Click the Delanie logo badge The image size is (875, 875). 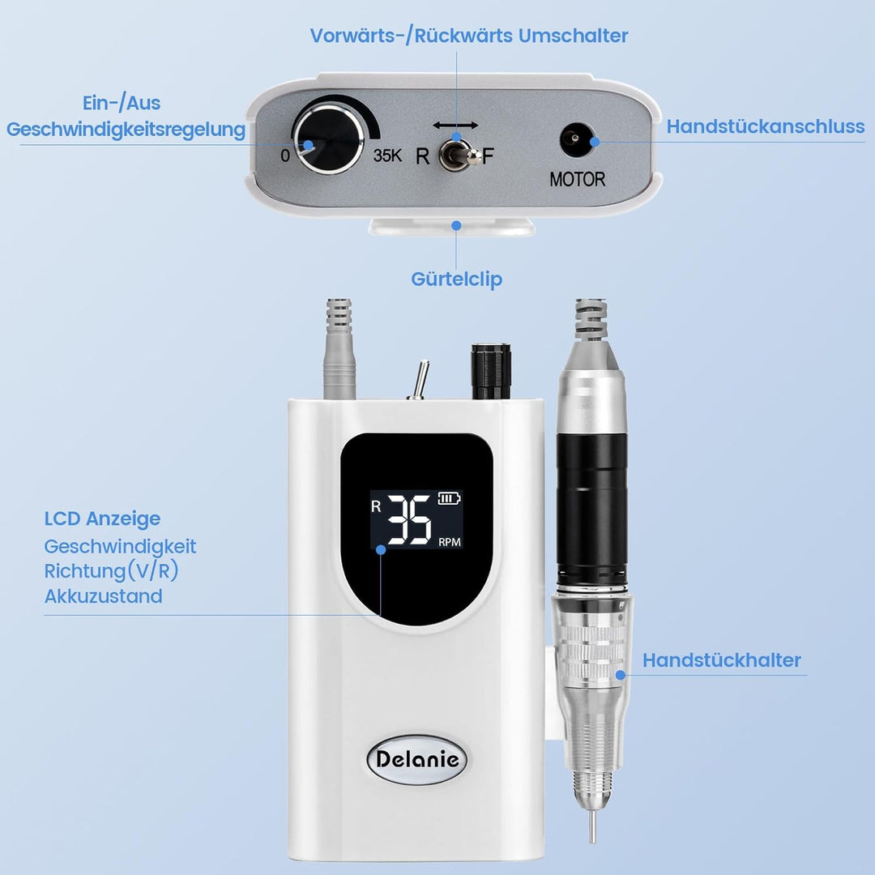[416, 759]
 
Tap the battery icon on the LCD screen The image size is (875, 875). [449, 497]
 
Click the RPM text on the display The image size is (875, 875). [449, 542]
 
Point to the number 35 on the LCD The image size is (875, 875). [409, 519]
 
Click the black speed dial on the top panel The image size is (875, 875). [328, 137]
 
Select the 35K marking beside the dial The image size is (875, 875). [387, 155]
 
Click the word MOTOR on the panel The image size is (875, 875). [577, 179]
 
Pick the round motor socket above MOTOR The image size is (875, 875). [574, 138]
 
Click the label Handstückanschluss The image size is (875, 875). [766, 126]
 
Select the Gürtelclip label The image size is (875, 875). [456, 279]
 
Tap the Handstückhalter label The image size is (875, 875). [722, 660]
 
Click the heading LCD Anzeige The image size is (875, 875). [102, 519]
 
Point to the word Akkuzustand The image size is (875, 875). [103, 596]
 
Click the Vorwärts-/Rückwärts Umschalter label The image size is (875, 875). [469, 36]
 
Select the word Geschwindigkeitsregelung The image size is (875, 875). [126, 130]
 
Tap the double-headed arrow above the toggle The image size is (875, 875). [455, 125]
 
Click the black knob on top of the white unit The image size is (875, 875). [491, 371]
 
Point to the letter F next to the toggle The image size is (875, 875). [489, 156]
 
